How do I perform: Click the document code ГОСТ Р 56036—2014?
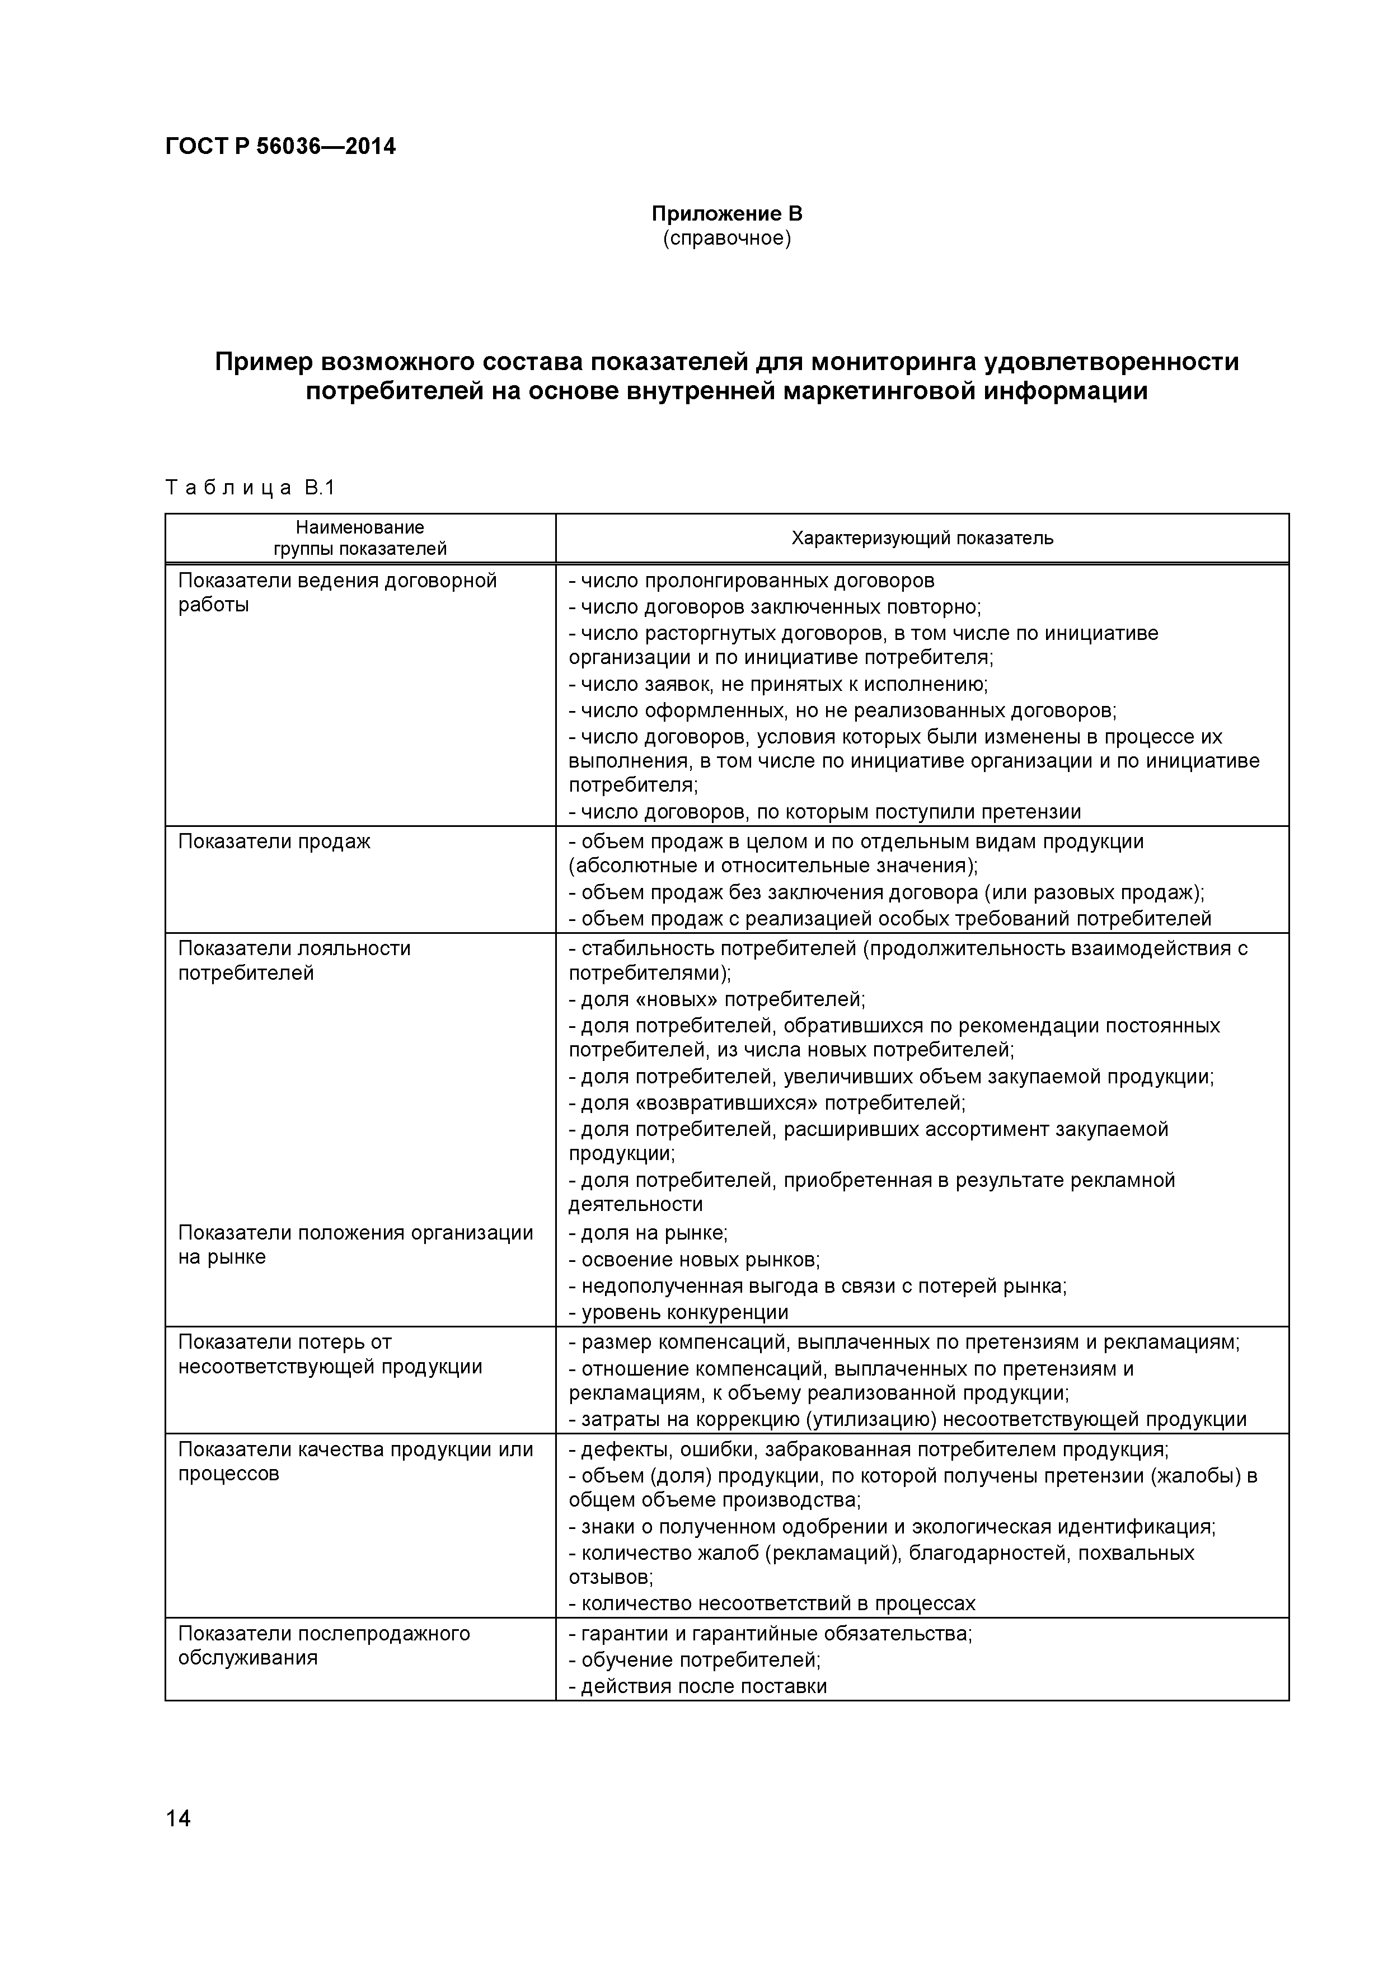coord(280,146)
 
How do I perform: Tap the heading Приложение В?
coord(727,213)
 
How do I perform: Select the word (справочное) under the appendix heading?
coord(727,238)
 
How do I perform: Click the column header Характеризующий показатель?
coord(922,538)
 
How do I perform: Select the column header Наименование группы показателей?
coord(359,538)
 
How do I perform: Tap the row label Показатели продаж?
coord(274,841)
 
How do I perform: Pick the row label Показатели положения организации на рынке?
coord(355,1244)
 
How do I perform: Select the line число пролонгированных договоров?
coord(753,581)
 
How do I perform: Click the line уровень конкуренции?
coord(680,1312)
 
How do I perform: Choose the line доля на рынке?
coord(649,1233)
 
